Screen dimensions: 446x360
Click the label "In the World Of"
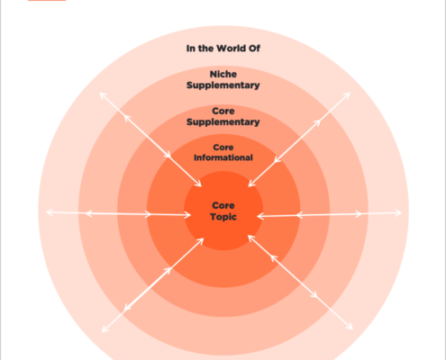pyautogui.click(x=223, y=49)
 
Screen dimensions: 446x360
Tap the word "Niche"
pyautogui.click(x=223, y=74)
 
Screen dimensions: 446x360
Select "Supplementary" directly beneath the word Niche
pyautogui.click(x=223, y=85)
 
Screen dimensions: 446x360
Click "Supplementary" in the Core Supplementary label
pyautogui.click(x=223, y=122)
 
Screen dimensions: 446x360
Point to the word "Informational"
pyautogui.click(x=223, y=157)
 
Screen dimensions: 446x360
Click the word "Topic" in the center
pyautogui.click(x=223, y=217)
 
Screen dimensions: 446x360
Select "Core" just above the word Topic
pyautogui.click(x=223, y=205)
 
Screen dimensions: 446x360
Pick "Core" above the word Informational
pyautogui.click(x=223, y=148)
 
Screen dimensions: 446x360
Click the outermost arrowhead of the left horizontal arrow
pyautogui.click(x=47, y=212)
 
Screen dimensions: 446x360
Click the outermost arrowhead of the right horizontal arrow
pyautogui.click(x=401, y=213)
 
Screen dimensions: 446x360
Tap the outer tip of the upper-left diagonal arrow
pyautogui.click(x=100, y=94)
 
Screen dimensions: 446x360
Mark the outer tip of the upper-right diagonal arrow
pyautogui.click(x=350, y=94)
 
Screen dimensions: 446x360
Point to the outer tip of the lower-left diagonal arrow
pyautogui.click(x=103, y=332)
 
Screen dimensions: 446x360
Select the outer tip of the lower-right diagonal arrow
pyautogui.click(x=352, y=329)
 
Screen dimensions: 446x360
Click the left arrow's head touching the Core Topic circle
pyautogui.click(x=190, y=215)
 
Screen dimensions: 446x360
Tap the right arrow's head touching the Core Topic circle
pyautogui.click(x=258, y=216)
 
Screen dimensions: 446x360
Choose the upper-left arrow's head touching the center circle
pyautogui.click(x=201, y=186)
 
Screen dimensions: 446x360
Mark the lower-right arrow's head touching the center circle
pyautogui.click(x=249, y=236)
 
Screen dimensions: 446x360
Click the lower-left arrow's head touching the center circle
pyautogui.click(x=204, y=238)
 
